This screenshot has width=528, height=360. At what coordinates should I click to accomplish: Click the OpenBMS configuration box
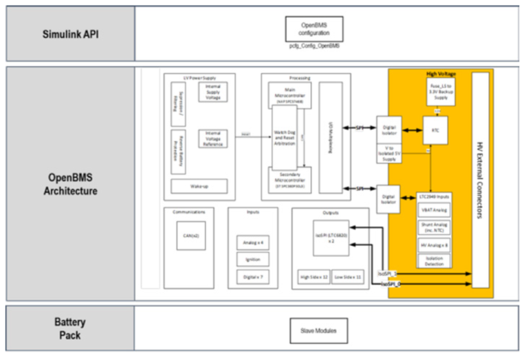click(313, 29)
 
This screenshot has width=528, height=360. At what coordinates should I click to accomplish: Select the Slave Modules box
click(318, 330)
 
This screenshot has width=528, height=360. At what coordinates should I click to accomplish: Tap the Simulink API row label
click(70, 34)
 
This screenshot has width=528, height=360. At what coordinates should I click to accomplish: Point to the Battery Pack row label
click(69, 329)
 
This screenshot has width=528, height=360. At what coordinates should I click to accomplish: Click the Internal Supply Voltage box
click(212, 92)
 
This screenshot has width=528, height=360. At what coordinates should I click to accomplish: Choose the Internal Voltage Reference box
click(212, 138)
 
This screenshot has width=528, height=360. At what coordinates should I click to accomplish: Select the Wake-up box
click(199, 185)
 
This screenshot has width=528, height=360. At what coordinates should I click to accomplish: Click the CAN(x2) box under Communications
click(190, 236)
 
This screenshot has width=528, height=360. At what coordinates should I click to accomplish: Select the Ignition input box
click(247, 260)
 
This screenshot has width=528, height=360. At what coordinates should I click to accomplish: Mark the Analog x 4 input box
click(247, 243)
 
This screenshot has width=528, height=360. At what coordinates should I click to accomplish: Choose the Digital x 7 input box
click(247, 277)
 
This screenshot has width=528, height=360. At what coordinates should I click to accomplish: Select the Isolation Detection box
click(434, 260)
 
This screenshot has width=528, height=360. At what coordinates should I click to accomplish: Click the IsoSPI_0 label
click(390, 283)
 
